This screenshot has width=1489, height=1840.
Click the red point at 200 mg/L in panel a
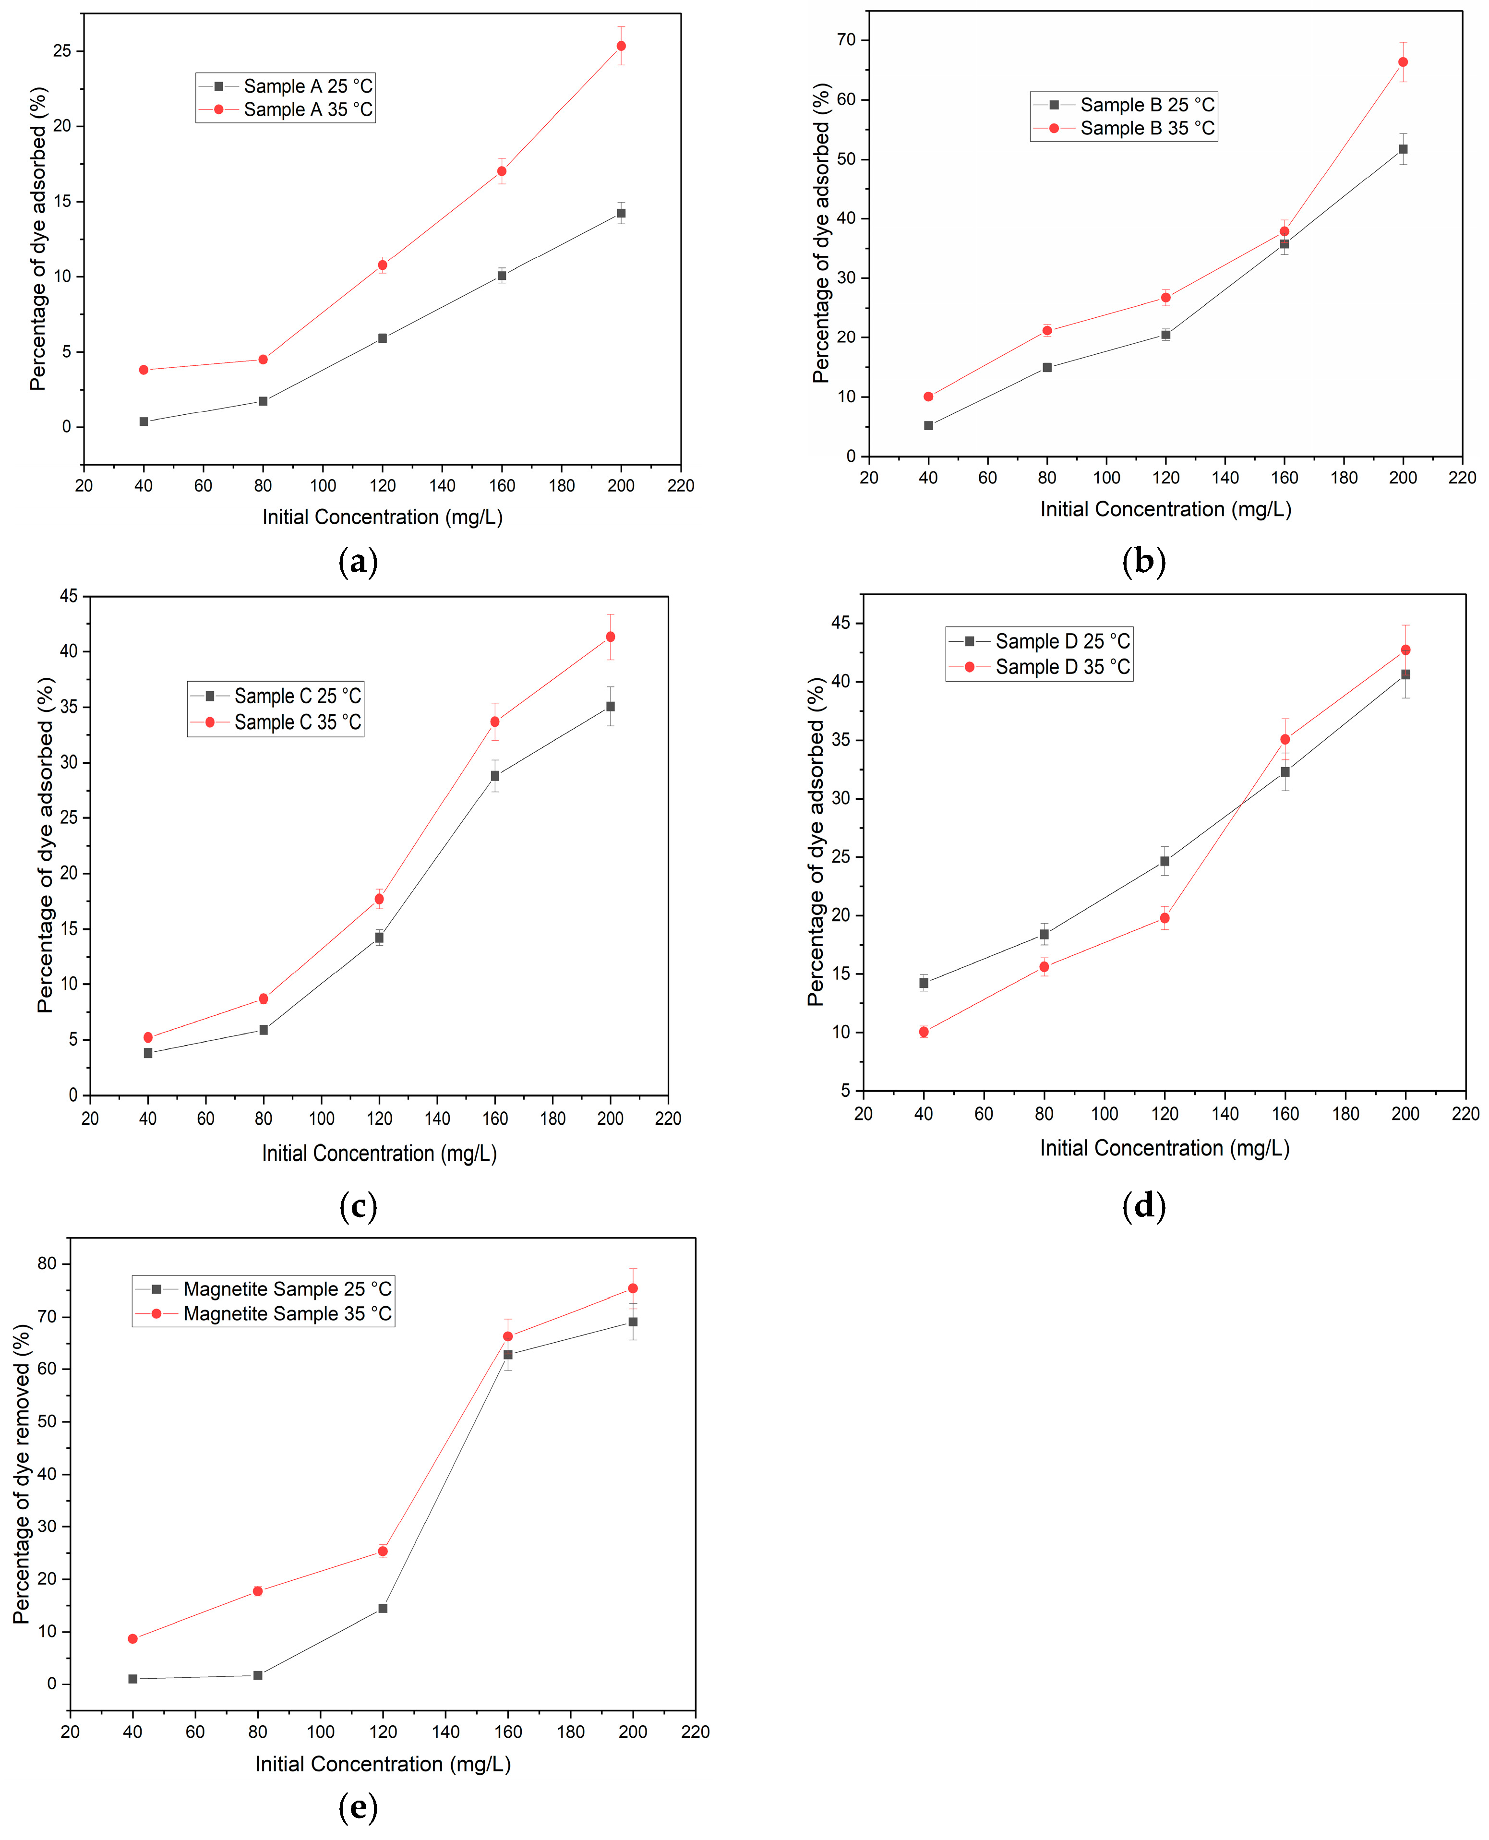(621, 46)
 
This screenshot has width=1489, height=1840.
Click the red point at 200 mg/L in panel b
(1403, 62)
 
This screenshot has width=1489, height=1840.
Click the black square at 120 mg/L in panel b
(1165, 335)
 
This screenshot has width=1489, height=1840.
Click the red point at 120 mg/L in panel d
(1165, 918)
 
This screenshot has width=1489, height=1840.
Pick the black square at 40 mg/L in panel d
(924, 983)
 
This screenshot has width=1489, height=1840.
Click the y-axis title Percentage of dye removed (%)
(22, 1474)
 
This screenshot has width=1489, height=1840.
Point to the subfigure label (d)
(1143, 1206)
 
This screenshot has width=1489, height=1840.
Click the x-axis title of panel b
(1165, 509)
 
